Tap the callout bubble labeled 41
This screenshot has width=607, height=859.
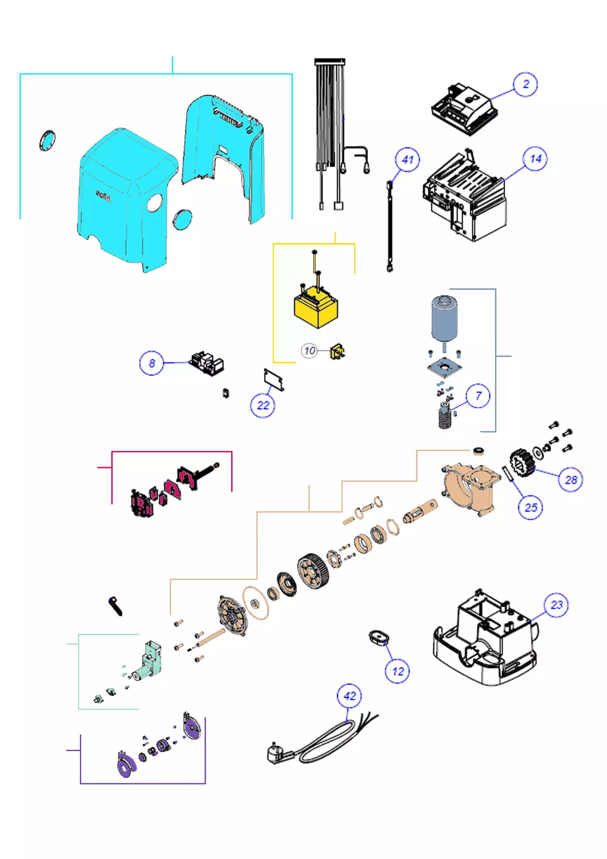pos(407,160)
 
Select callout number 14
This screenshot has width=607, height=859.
pos(535,159)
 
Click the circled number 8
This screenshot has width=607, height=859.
pos(151,363)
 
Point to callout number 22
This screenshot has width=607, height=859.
pos(263,405)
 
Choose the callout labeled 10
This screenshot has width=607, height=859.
pos(310,350)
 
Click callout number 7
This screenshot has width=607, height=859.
pos(478,395)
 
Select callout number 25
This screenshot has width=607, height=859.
pos(530,507)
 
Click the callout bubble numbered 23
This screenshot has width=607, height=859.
pos(556,605)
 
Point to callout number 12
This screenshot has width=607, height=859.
pos(397,671)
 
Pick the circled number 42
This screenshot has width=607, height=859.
pos(349,696)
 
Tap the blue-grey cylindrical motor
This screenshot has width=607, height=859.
pos(444,318)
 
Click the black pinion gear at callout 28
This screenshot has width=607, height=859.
pos(521,463)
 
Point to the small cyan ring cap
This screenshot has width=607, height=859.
pos(47,141)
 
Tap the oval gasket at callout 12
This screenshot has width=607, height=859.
pos(378,636)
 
